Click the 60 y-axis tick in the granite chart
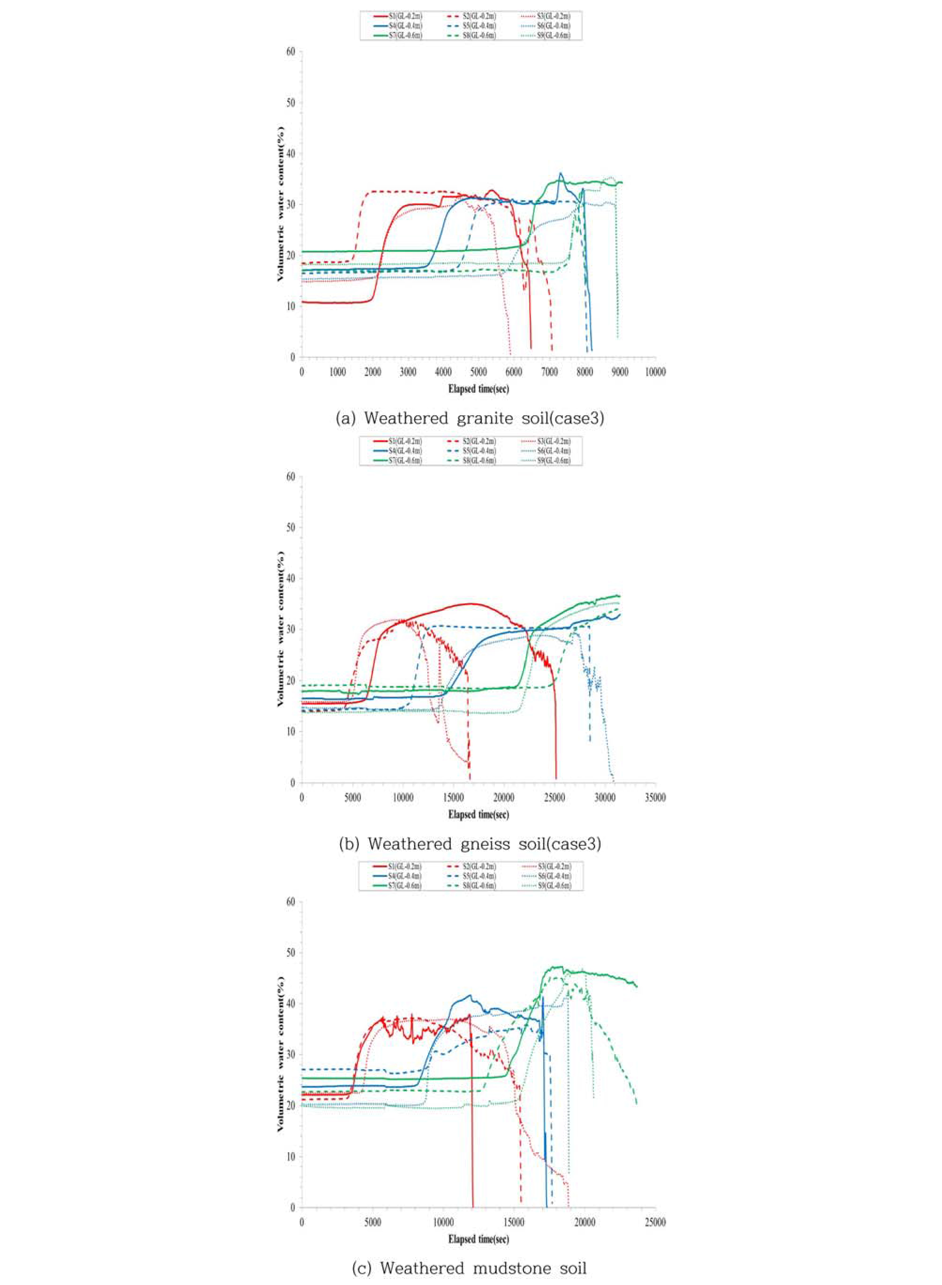pyautogui.click(x=291, y=52)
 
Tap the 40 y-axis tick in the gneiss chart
pyautogui.click(x=291, y=578)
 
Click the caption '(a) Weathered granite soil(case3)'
pyautogui.click(x=471, y=418)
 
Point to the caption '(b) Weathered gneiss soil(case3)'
pyautogui.click(x=471, y=844)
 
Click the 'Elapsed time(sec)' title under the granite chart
pyautogui.click(x=479, y=389)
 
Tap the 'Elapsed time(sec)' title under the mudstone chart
pyautogui.click(x=479, y=1239)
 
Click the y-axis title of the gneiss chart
pyautogui.click(x=281, y=630)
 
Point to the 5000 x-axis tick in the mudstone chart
pyautogui.click(x=372, y=1222)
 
